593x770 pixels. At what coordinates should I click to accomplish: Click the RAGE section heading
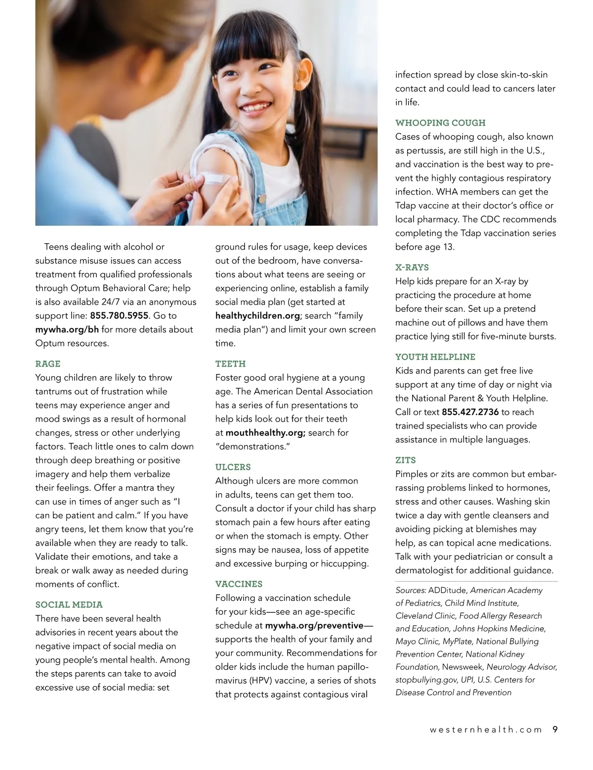pyautogui.click(x=48, y=364)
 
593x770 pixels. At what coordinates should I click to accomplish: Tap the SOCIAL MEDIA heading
pyautogui.click(x=69, y=604)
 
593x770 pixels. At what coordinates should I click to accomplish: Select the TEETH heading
pyautogui.click(x=230, y=364)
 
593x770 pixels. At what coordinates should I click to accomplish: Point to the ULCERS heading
pyautogui.click(x=233, y=467)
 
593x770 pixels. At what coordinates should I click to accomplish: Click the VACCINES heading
pyautogui.click(x=239, y=584)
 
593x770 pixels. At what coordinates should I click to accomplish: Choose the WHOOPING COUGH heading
pyautogui.click(x=440, y=123)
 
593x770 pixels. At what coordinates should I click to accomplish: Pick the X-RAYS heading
pyautogui.click(x=412, y=267)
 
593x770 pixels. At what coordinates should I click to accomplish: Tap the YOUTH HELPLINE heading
pyautogui.click(x=435, y=357)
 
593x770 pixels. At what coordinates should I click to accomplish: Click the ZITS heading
pyautogui.click(x=405, y=460)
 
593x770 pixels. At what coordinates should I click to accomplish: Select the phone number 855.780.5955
pyautogui.click(x=119, y=316)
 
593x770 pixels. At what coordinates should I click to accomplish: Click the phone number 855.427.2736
pyautogui.click(x=470, y=412)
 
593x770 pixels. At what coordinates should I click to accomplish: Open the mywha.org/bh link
pyautogui.click(x=67, y=330)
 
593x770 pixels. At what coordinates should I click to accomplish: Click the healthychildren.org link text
pyautogui.click(x=257, y=316)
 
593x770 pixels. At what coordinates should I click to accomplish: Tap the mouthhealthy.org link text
pyautogui.click(x=265, y=433)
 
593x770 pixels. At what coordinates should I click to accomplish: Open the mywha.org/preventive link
pyautogui.click(x=314, y=626)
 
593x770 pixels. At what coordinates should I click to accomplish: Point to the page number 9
pyautogui.click(x=555, y=729)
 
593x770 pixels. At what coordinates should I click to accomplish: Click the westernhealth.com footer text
pyautogui.click(x=479, y=730)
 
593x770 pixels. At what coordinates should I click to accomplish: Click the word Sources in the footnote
pyautogui.click(x=411, y=590)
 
